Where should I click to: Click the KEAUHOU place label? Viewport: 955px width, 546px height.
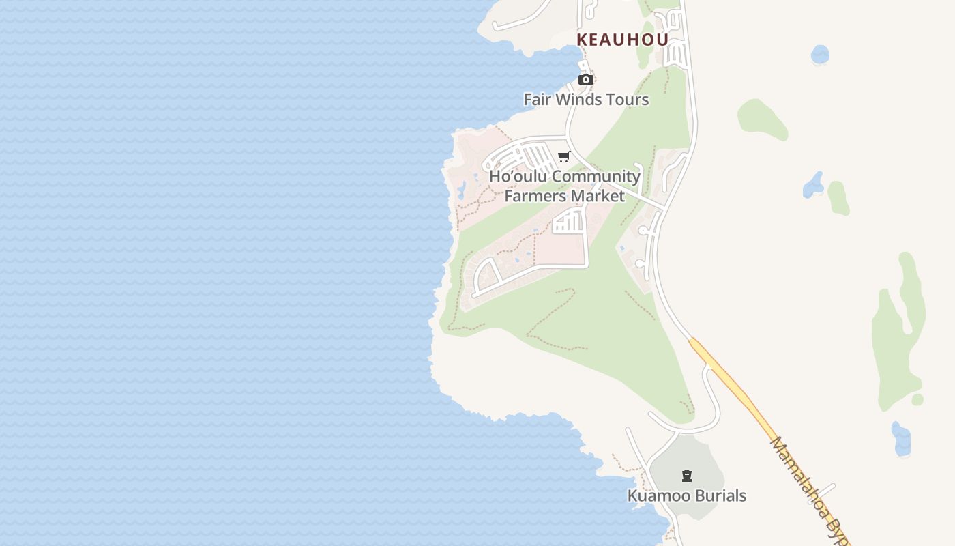(622, 40)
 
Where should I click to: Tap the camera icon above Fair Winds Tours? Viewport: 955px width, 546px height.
(585, 80)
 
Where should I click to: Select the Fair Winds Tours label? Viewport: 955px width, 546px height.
(586, 100)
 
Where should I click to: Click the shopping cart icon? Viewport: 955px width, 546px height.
(564, 157)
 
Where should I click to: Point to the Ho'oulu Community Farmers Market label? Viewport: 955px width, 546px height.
(565, 186)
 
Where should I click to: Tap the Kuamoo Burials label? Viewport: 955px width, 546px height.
(687, 496)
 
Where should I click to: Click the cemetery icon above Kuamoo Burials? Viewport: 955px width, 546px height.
(687, 476)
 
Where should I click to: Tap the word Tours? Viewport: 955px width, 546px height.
(626, 100)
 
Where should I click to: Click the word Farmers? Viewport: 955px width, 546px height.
(535, 197)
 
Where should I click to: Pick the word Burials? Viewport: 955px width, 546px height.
(721, 496)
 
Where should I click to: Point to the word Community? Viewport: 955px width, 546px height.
(596, 177)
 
